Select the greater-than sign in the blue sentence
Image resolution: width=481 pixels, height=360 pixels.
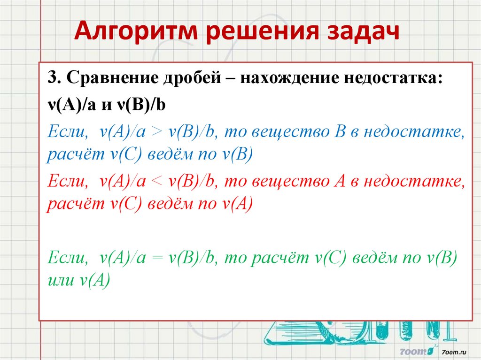(156, 132)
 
